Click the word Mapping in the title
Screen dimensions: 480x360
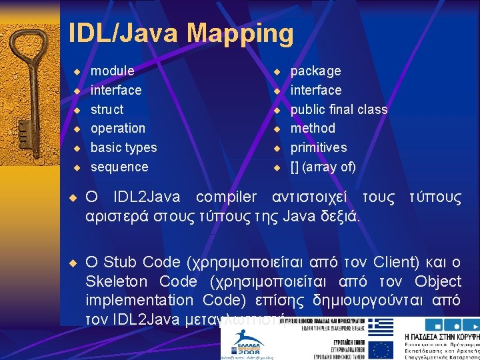[x=240, y=33]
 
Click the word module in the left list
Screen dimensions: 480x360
[x=112, y=71]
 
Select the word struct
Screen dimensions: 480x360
[x=107, y=109]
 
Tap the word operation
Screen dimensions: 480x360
[x=117, y=128]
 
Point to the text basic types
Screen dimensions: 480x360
[x=123, y=147]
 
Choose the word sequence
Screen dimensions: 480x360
[x=119, y=167]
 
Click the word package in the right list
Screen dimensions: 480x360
[x=315, y=71]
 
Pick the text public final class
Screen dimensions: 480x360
[x=339, y=109]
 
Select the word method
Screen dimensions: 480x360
[x=313, y=128]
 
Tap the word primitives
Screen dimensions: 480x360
[x=319, y=147]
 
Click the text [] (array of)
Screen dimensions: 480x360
[x=323, y=167]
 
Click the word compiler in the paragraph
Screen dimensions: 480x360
[x=226, y=197]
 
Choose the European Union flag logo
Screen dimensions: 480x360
[x=381, y=349]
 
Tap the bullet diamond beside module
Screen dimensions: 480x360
[x=77, y=71]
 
